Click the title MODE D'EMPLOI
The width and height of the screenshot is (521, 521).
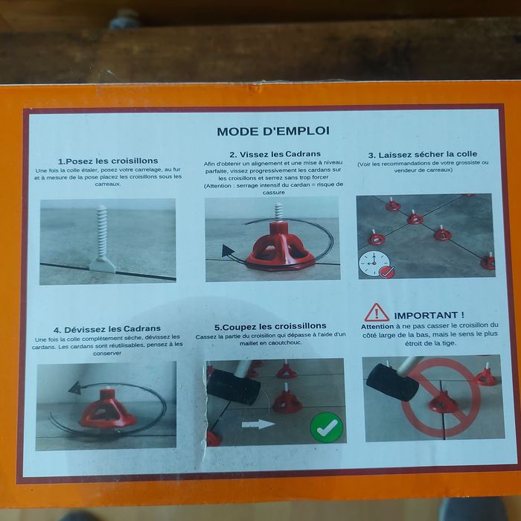(272, 132)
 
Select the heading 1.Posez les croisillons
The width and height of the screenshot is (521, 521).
(107, 161)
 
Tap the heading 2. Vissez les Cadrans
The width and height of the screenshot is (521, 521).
(270, 154)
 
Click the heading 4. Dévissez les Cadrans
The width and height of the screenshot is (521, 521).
(107, 329)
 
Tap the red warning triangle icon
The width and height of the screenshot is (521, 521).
(377, 312)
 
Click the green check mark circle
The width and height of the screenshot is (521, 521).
(326, 427)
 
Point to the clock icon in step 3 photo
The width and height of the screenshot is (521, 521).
(372, 263)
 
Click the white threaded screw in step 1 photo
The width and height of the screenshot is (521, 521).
(102, 233)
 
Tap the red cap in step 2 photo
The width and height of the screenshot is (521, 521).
(279, 246)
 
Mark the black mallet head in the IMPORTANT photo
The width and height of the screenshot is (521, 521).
(391, 382)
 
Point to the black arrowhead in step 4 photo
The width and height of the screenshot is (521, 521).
(74, 387)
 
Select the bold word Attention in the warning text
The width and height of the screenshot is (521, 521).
(377, 326)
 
